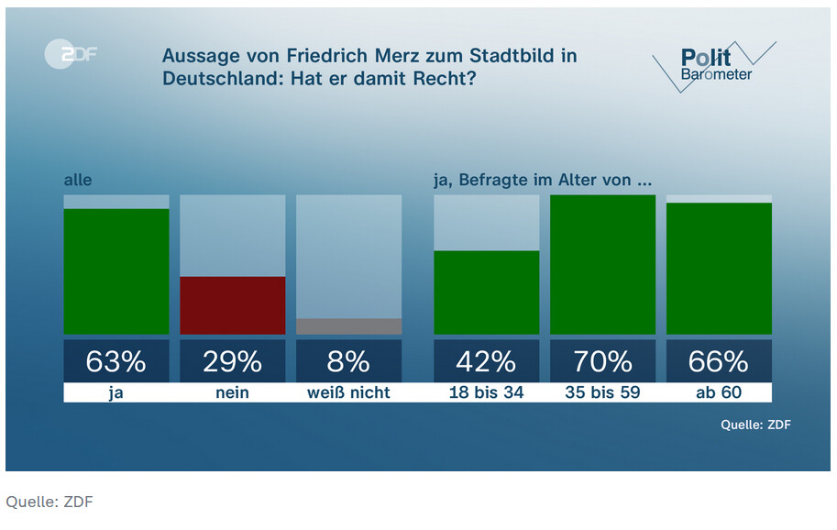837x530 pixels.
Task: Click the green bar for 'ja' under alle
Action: pos(116,271)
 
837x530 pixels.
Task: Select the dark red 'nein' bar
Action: pos(233,305)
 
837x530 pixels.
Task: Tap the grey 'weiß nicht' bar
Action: pos(349,326)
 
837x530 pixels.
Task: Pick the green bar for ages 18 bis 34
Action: pos(486,293)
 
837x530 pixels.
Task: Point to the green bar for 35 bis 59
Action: pos(602,265)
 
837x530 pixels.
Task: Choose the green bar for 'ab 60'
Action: pos(719,269)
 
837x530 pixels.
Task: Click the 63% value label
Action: pos(116,362)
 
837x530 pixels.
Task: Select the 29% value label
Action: pos(233,362)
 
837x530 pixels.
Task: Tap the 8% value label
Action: pos(349,362)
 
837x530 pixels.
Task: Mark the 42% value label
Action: pos(486,362)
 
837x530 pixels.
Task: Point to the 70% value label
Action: pos(602,362)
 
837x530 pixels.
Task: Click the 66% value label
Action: pos(719,362)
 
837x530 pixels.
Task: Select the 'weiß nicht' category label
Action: pos(349,392)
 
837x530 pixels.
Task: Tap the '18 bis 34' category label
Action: pos(486,392)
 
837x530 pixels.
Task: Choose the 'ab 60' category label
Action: pos(719,392)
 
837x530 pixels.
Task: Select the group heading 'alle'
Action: pos(78,181)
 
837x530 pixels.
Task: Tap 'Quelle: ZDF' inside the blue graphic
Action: pos(755,425)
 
